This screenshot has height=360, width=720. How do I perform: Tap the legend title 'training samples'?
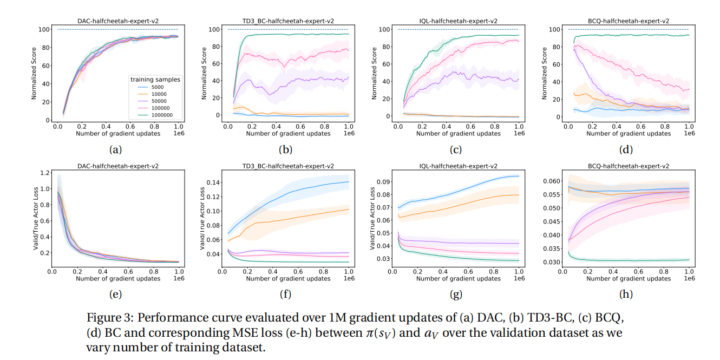tap(155, 80)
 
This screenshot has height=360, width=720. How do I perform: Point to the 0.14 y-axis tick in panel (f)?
tap(215, 182)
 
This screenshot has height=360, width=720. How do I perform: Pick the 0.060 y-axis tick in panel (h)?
tap(552, 181)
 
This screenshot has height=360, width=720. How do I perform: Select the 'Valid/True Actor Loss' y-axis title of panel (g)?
tap(373, 218)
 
